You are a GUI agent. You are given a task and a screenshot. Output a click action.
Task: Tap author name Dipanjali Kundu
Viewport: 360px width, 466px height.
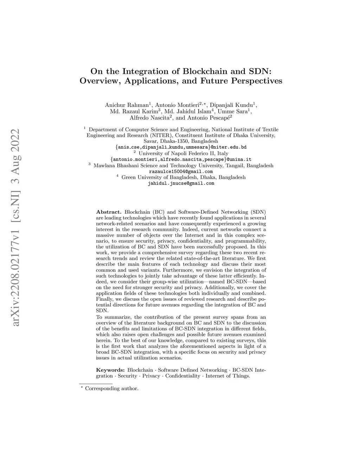(231, 105)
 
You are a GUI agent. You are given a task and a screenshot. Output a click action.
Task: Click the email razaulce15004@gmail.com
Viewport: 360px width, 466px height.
(181, 171)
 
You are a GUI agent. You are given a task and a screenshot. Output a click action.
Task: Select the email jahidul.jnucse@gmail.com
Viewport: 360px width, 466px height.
(181, 183)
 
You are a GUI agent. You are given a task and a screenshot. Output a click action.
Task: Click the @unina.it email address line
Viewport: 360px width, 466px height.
(181, 159)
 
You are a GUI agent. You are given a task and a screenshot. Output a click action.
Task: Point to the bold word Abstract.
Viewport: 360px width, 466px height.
(109, 212)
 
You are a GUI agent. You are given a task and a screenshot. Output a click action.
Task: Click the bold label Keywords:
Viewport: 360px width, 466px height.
(110, 370)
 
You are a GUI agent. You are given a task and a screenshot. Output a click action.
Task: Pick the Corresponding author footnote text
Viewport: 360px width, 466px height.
(111, 389)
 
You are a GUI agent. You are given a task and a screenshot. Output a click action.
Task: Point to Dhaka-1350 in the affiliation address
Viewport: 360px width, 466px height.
(168, 141)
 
